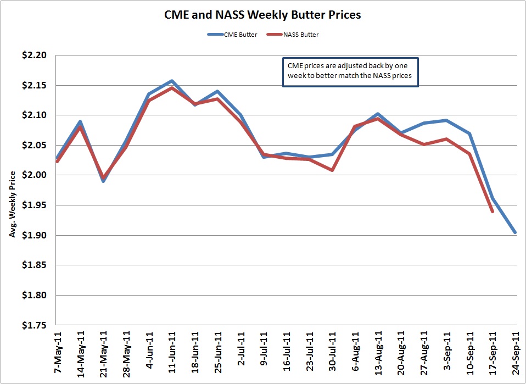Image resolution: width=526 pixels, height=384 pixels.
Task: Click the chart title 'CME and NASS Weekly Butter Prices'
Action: tap(263, 15)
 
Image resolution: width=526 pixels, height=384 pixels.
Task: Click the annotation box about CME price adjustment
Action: tap(350, 71)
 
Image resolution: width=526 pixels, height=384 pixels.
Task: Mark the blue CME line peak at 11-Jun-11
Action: tap(172, 81)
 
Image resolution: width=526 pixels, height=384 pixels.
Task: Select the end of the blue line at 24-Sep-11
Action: tap(515, 232)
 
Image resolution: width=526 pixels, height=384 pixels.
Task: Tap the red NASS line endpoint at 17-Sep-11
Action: tap(492, 212)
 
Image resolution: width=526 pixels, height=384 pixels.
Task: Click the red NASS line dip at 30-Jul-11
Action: tap(333, 170)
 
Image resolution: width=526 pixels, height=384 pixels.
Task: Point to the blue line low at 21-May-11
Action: tap(103, 181)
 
